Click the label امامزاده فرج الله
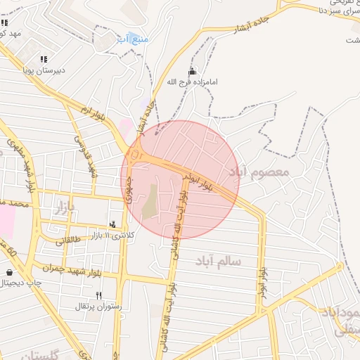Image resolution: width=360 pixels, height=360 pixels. coord(192,82)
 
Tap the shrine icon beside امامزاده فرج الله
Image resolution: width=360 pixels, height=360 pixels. coord(192,72)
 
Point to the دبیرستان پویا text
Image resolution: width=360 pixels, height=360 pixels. coord(44,70)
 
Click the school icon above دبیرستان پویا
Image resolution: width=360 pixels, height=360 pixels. coord(44,60)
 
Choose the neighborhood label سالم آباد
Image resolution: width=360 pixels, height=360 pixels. coord(220,262)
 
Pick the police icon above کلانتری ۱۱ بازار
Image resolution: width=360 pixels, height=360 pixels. coord(113,224)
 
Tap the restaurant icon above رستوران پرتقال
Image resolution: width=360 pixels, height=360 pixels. coord(98,296)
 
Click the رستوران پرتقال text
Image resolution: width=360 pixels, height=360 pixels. coord(98,307)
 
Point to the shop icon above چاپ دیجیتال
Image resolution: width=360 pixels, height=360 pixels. coord(8,273)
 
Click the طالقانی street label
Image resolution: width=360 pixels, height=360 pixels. coord(69,240)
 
